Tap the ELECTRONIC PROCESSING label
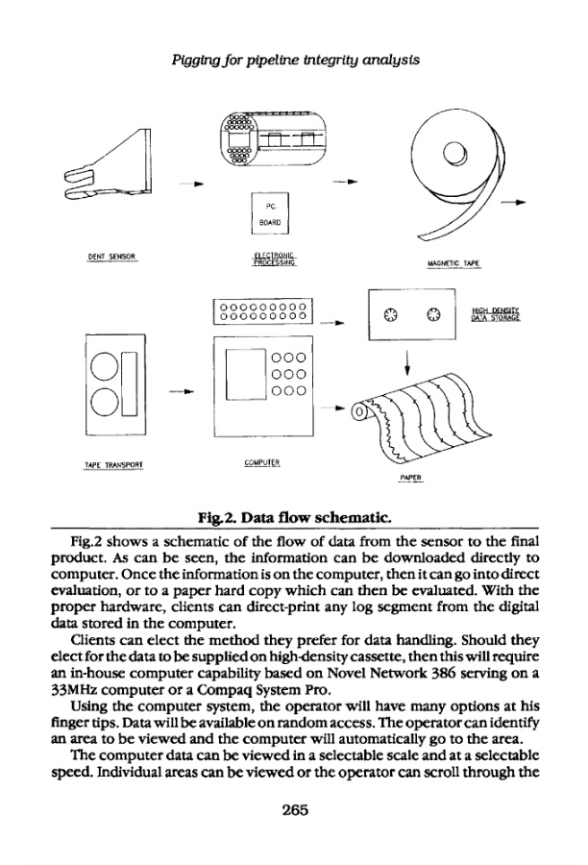(x=272, y=258)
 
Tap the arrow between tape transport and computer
(x=182, y=392)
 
